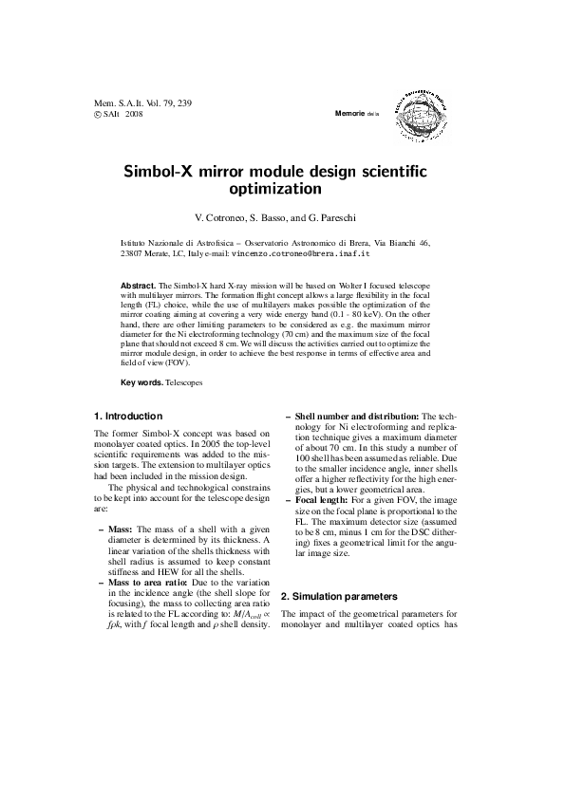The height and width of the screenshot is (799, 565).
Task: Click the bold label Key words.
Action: click(141, 382)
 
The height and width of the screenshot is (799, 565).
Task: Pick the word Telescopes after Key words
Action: click(183, 382)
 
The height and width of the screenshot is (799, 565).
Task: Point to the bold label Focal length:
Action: click(324, 498)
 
